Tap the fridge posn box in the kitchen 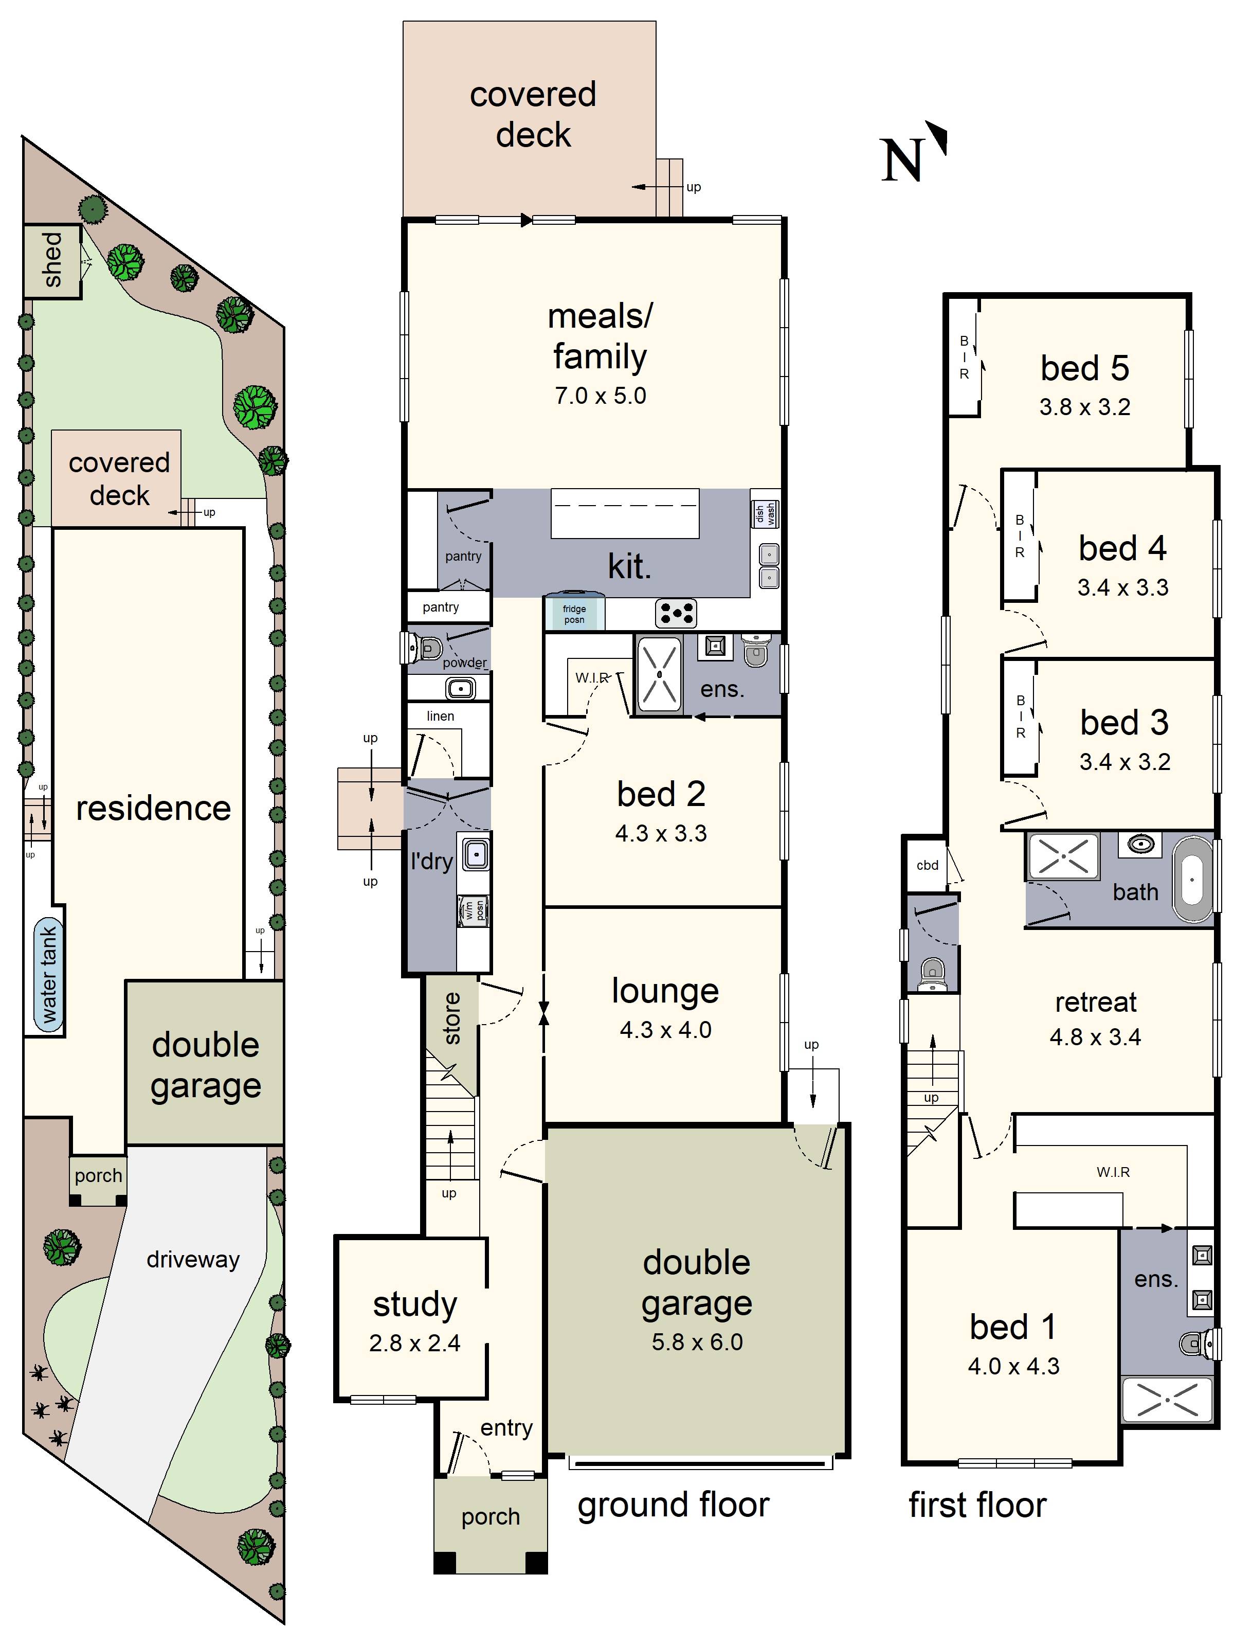tap(573, 614)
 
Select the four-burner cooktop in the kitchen tap(676, 613)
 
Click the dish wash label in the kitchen tap(765, 513)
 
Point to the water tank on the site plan tap(48, 975)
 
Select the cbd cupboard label tap(927, 865)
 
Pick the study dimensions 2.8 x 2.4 tap(414, 1343)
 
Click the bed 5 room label tap(1084, 368)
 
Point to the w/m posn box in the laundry tap(473, 910)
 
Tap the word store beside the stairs tap(451, 1018)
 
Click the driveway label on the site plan tap(193, 1259)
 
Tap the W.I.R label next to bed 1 tap(1113, 1172)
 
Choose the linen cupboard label tap(440, 716)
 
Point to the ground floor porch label tap(490, 1516)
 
